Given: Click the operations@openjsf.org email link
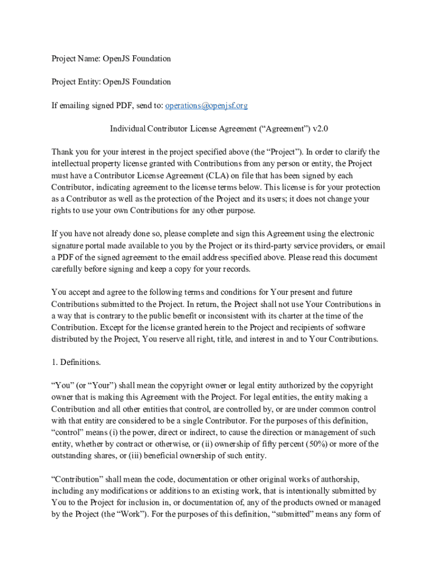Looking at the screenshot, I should click(x=206, y=105).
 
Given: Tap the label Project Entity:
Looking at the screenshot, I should click(x=76, y=82).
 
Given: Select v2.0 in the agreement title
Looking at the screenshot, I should click(x=320, y=129).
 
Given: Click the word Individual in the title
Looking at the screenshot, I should click(x=127, y=129).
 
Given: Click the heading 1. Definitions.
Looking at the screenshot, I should click(x=76, y=362).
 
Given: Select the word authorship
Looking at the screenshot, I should click(x=338, y=479).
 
